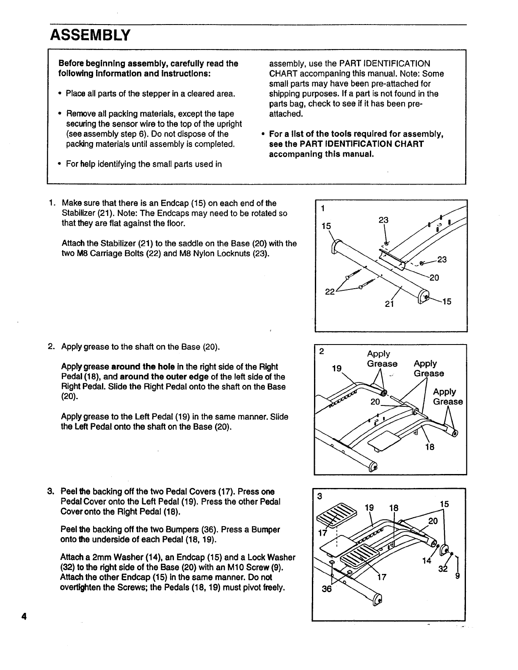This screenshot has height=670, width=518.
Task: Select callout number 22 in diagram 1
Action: click(x=329, y=292)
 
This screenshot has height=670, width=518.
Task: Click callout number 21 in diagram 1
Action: click(x=389, y=303)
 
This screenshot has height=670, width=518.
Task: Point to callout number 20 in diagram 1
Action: click(x=434, y=278)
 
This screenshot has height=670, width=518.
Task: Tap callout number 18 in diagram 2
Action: click(x=429, y=447)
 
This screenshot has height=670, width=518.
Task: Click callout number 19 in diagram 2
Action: click(x=336, y=368)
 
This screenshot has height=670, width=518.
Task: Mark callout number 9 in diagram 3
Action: click(x=457, y=576)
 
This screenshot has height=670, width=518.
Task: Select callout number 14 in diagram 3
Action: click(x=427, y=561)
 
